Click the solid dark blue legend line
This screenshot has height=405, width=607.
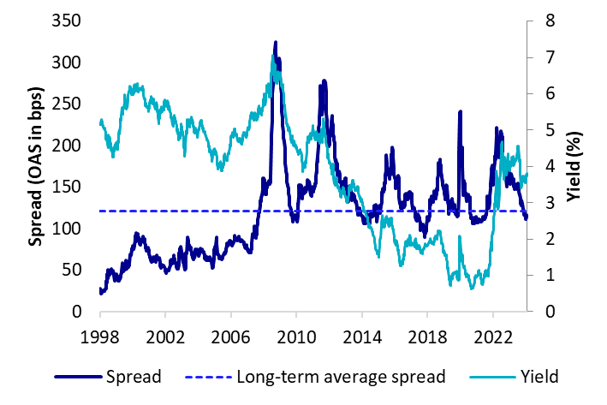78,376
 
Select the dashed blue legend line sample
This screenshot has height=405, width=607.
208,376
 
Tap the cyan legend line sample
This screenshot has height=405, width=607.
493,376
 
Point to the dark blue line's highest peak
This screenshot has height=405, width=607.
276,42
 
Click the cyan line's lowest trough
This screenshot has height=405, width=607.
472,289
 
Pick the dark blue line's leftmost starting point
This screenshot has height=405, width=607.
100,293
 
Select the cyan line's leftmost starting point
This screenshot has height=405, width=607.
100,120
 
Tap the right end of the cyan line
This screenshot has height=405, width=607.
527,174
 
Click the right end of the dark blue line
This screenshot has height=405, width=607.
527,217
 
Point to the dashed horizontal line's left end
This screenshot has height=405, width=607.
99,211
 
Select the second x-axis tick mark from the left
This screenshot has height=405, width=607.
165,314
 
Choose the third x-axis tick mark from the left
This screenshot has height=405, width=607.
231,314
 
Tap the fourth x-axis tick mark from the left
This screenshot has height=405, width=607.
296,314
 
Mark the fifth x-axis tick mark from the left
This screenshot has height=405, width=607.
362,314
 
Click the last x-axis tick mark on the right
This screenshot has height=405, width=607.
493,314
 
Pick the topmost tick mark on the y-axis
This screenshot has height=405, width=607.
531,21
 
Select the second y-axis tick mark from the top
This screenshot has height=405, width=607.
531,57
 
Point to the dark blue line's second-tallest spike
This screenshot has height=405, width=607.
323,81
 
